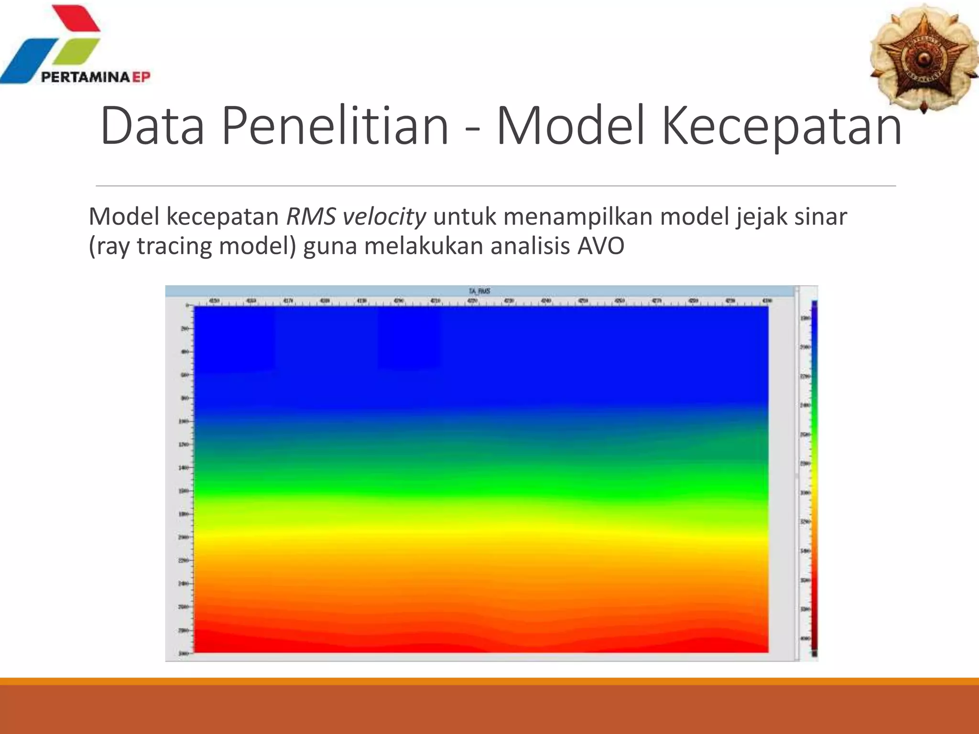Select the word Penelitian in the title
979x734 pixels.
pyautogui.click(x=335, y=126)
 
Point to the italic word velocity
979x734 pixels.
pyautogui.click(x=384, y=216)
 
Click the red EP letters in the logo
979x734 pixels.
pyautogui.click(x=141, y=77)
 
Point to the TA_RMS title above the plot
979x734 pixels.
pyautogui.click(x=479, y=291)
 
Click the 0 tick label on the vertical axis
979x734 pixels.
pyautogui.click(x=187, y=305)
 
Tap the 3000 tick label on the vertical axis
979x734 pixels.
pyautogui.click(x=183, y=653)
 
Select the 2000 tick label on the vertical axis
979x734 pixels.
pyautogui.click(x=183, y=537)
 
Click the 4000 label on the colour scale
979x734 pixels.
pyautogui.click(x=805, y=638)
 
